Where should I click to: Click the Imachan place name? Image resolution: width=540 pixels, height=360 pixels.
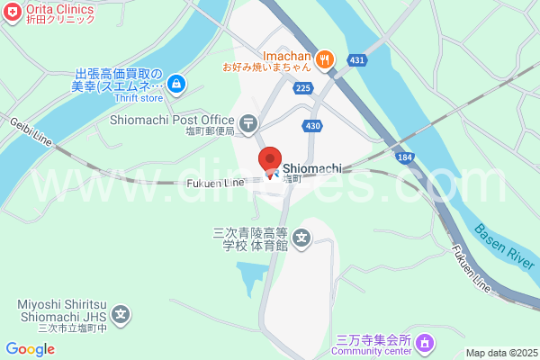click(x=286, y=54)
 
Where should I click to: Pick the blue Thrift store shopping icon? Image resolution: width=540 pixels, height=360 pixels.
click(x=176, y=85)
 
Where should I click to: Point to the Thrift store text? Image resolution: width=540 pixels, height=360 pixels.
click(x=138, y=99)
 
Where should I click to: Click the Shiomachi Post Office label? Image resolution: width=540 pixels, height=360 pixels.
click(x=171, y=119)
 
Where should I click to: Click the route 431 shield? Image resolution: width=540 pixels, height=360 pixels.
click(x=357, y=60)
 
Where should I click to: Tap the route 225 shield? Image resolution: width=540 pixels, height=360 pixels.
click(x=302, y=87)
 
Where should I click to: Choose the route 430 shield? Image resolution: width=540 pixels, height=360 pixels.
click(x=312, y=126)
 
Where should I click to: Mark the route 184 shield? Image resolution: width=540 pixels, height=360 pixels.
click(x=404, y=157)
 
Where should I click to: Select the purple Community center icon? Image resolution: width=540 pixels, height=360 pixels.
click(x=425, y=342)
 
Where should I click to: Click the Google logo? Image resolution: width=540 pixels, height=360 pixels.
click(x=30, y=349)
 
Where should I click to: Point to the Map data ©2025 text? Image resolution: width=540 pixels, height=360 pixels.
click(x=500, y=352)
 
